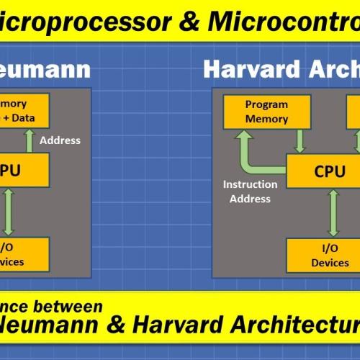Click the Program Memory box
point(266,112)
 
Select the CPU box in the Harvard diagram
point(324,171)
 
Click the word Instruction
point(250,184)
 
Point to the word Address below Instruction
point(250,199)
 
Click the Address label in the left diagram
point(61,140)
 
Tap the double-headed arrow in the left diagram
point(9,211)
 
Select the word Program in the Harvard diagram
point(266,104)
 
